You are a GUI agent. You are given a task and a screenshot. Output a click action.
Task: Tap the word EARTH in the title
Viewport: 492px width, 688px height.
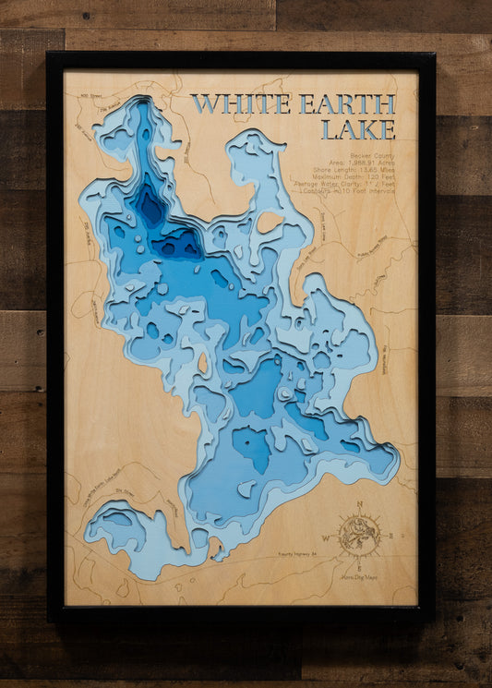(347, 104)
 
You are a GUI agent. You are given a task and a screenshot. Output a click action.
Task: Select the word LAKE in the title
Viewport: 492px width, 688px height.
(357, 129)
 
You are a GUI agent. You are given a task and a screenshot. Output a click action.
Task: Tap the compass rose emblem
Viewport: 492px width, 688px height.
(359, 533)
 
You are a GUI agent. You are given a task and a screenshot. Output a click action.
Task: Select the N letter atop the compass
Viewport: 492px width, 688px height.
(360, 504)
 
